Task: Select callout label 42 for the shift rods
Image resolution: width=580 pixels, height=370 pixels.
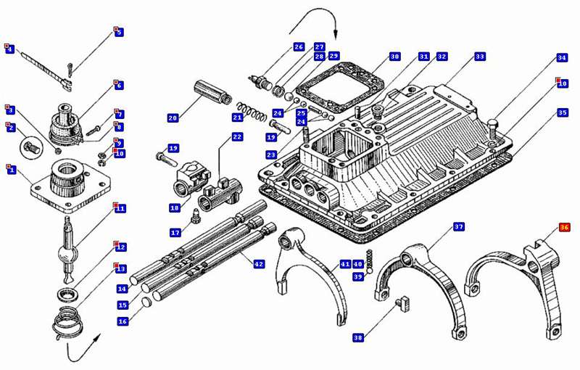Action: coord(259,265)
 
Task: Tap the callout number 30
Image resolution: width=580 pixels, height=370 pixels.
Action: coord(394,57)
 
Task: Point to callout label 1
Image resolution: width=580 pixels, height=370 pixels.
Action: coord(11,170)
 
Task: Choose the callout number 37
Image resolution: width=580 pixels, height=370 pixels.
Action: coord(459,227)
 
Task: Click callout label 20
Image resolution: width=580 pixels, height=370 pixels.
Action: coord(173,118)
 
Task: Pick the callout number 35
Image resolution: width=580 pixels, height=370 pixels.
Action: coord(563,112)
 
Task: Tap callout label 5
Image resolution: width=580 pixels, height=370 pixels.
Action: coord(119,33)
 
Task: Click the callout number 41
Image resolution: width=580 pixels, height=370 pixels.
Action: coord(345,265)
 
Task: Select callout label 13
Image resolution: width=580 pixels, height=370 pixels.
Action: coord(120,269)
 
